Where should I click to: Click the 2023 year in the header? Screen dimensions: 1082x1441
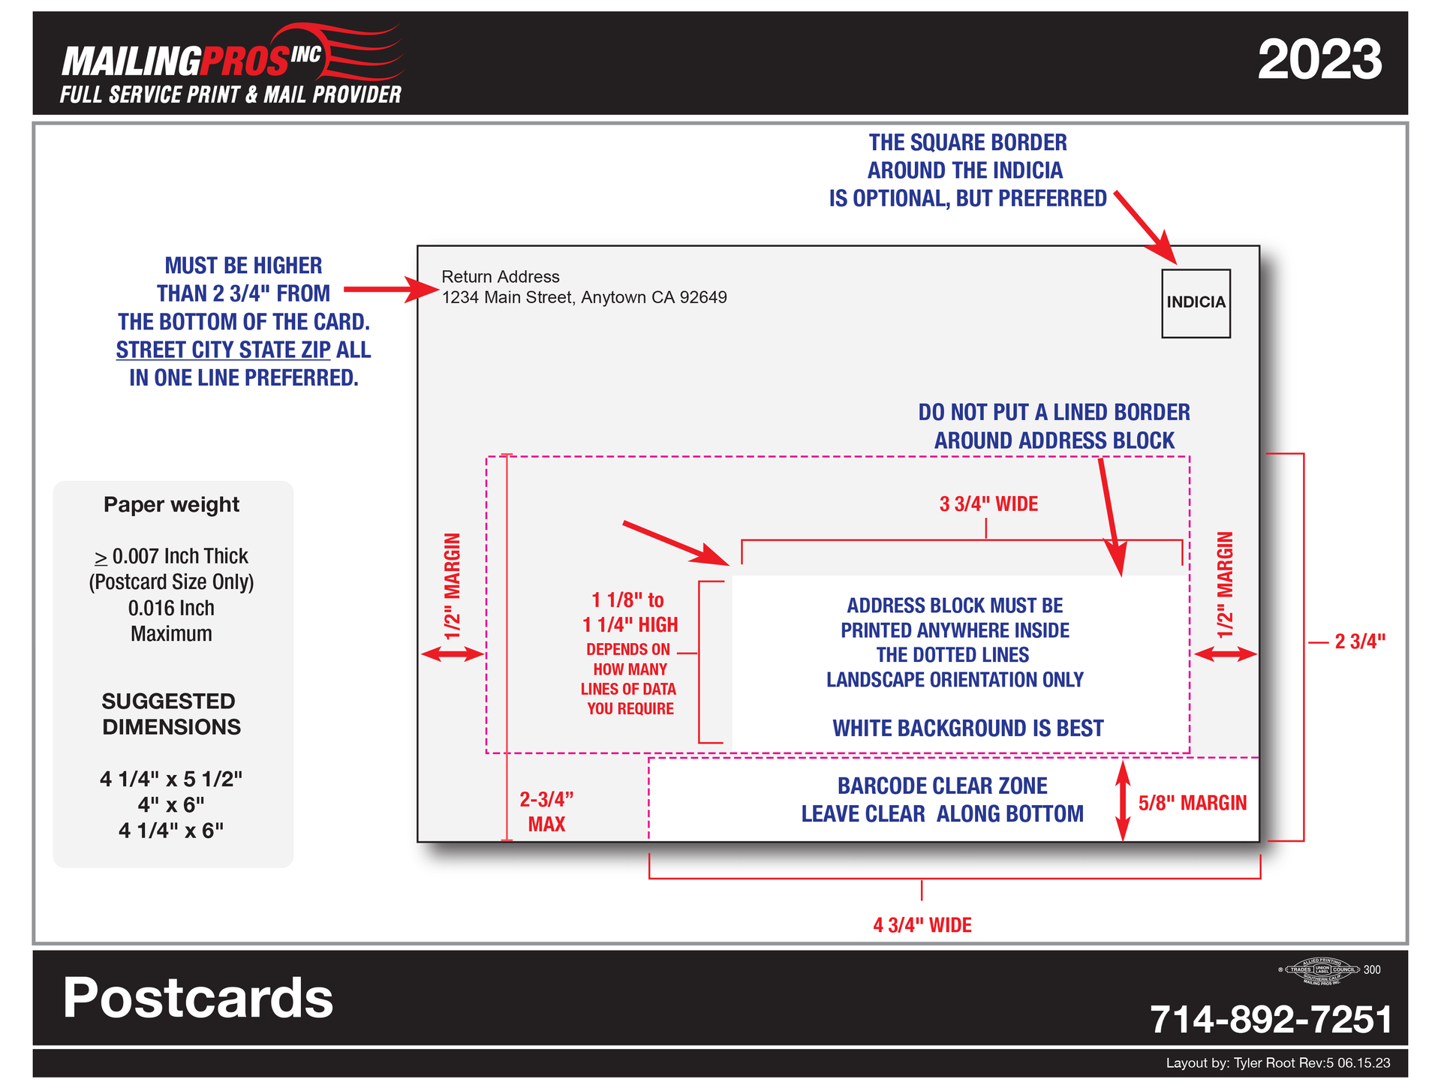point(1319,60)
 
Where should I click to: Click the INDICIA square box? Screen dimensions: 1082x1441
point(1196,303)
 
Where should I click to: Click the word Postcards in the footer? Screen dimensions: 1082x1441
point(198,998)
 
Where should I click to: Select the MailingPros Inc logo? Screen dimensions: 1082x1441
point(231,64)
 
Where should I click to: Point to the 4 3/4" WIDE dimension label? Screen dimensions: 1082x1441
point(922,924)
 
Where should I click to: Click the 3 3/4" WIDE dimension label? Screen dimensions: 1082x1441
point(988,504)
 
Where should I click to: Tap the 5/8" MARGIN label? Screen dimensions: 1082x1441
point(1192,803)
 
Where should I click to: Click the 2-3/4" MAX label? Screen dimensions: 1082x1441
point(546,811)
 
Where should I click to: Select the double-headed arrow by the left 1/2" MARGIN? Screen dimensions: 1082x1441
point(453,654)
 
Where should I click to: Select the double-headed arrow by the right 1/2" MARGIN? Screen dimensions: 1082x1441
point(1225,654)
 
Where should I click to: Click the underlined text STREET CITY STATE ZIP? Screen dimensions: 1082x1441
point(223,350)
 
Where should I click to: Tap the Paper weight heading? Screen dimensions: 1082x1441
point(171,504)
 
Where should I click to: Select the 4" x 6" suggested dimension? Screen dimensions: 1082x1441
point(171,804)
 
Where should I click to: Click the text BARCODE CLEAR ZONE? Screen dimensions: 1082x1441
point(942,786)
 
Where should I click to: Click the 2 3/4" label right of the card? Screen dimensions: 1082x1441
point(1359,642)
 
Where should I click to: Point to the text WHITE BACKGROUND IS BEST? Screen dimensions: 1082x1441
point(967,728)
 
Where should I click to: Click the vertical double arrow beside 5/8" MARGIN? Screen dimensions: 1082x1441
point(1122,801)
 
